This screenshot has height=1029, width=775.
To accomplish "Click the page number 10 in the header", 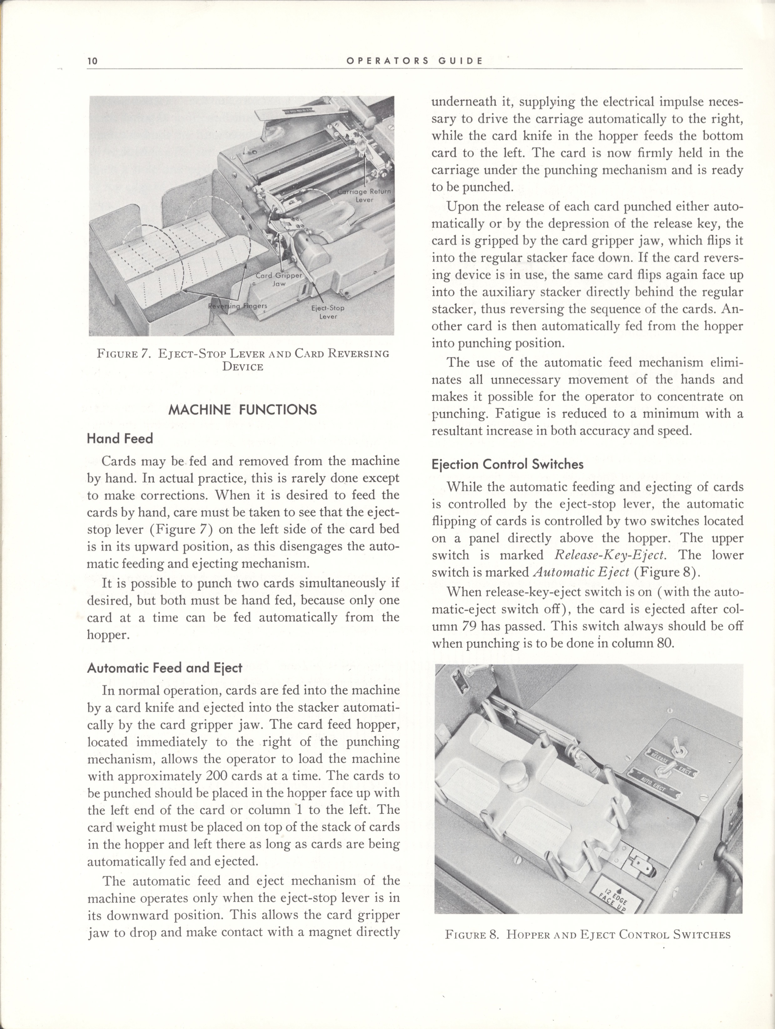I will pos(92,61).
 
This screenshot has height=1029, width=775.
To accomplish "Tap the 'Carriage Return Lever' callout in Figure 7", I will pos(364,196).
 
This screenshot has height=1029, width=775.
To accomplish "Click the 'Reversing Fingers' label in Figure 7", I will pos(237,306).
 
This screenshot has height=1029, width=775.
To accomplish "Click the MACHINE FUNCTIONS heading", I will pos(242,409).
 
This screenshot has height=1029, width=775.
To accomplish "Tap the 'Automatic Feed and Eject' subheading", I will pos(165,668).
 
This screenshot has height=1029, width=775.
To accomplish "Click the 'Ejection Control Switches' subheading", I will pos(508,464).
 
